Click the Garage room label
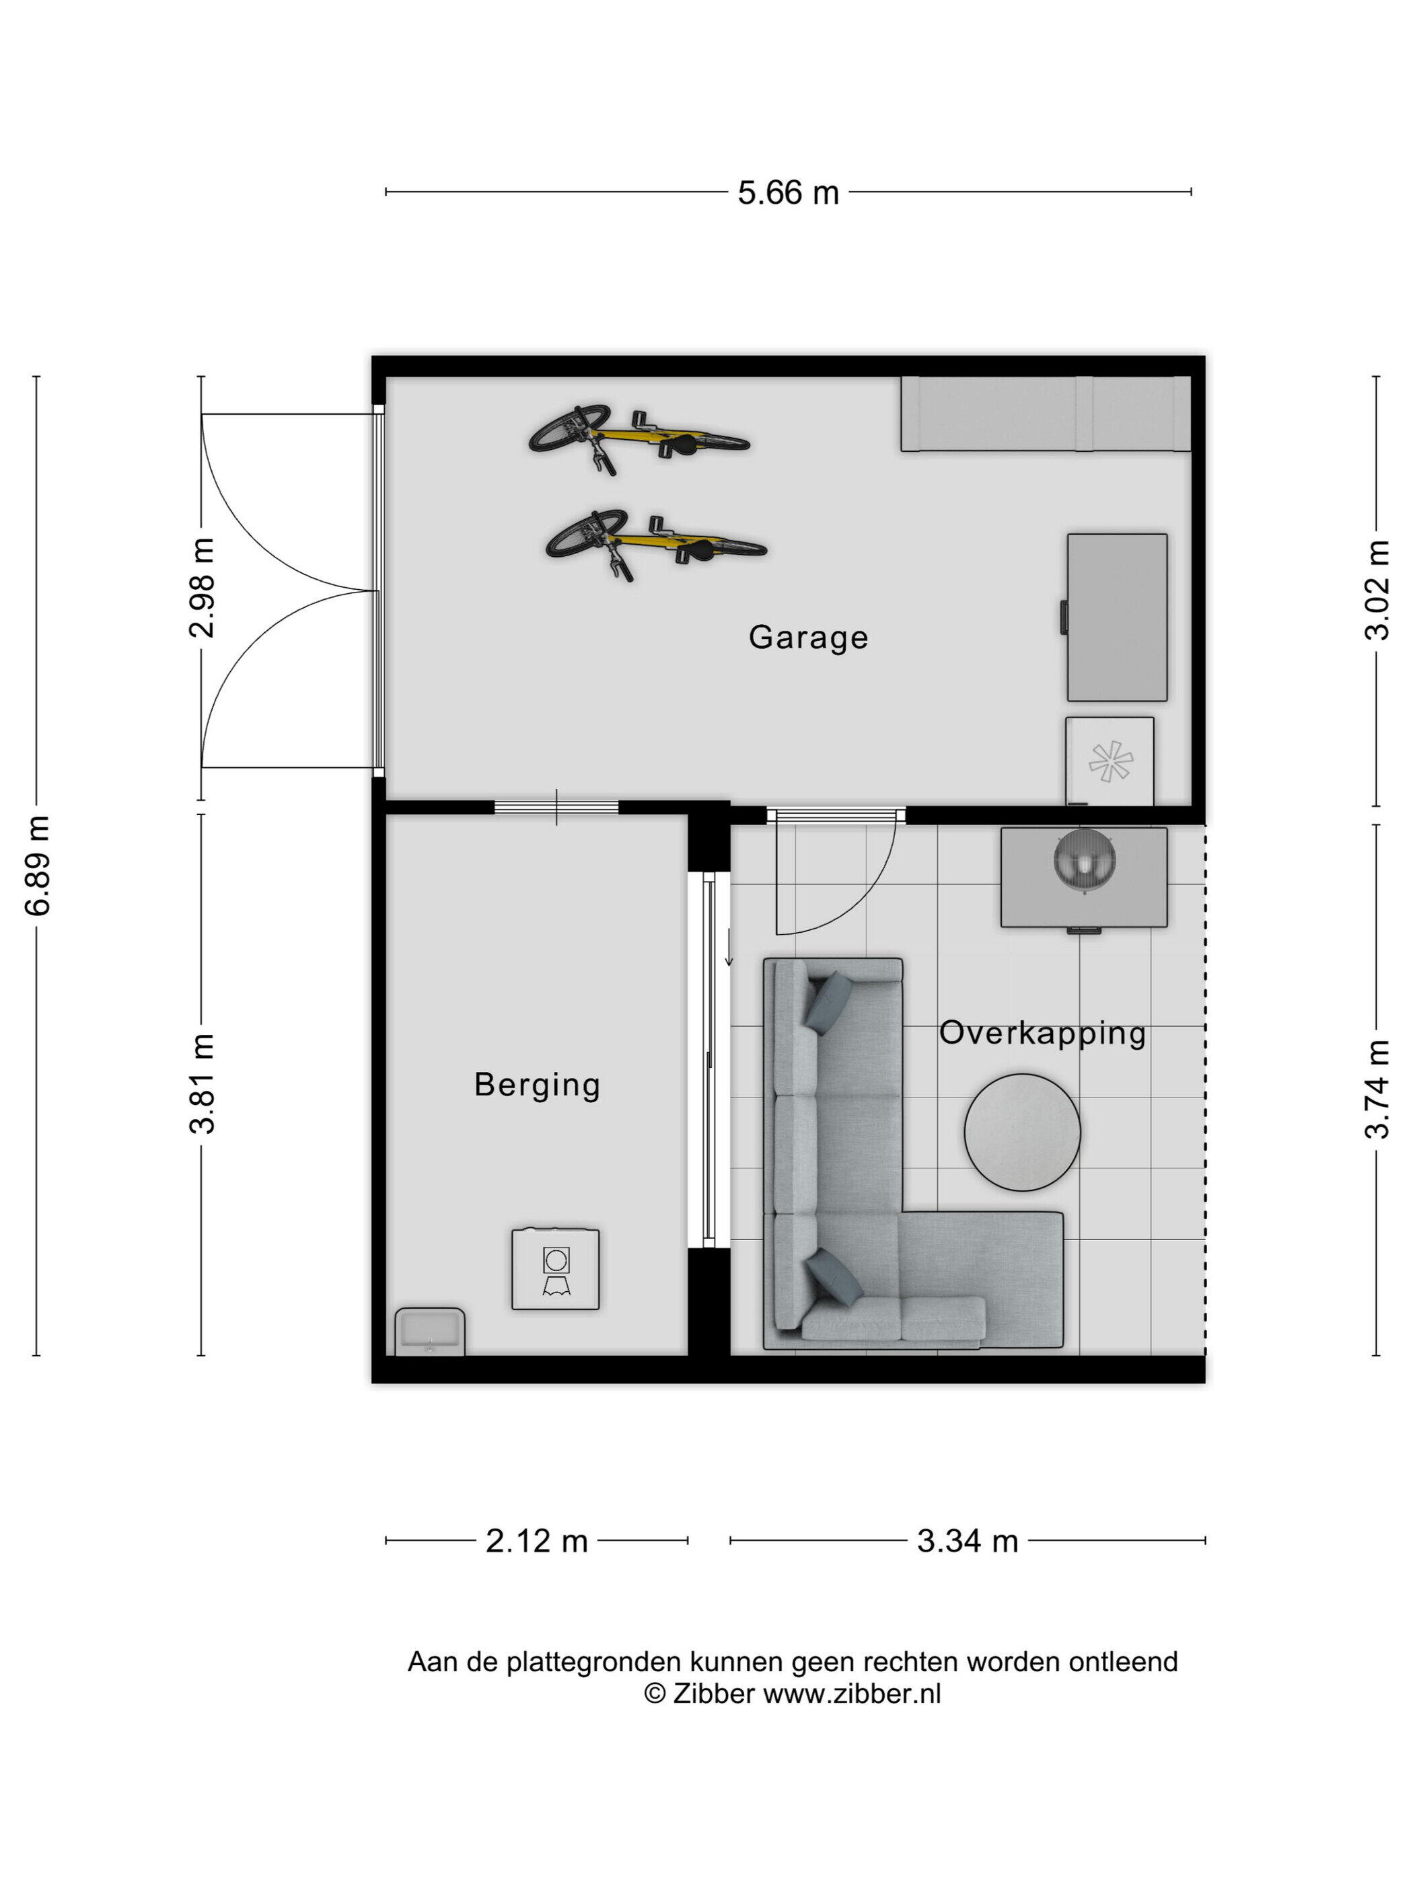point(807,638)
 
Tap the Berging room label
point(536,1086)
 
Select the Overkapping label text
point(1042,1034)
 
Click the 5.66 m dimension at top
point(788,193)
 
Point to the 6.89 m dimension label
point(39,865)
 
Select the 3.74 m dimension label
point(1377,1089)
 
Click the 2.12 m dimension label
point(536,1541)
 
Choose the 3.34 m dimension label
point(968,1541)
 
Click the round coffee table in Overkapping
point(1022,1132)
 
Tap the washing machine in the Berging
point(555,1269)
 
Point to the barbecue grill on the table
point(1084,861)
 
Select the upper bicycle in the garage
point(639,438)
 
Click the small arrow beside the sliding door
point(728,947)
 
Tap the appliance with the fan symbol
point(1110,761)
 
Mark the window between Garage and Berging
point(556,807)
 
